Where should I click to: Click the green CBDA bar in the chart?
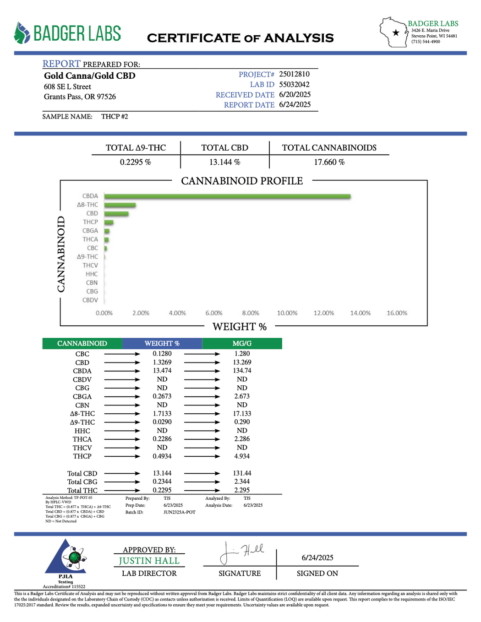coord(227,196)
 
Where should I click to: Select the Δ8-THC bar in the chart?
coord(120,205)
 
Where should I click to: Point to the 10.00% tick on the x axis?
coord(287,313)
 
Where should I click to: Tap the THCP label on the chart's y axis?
coord(90,222)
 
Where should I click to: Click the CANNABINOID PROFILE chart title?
coord(242,181)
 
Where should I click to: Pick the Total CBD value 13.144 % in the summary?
coord(224,162)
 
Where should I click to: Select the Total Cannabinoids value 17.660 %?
coord(329,162)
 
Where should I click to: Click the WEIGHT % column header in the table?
coord(162,343)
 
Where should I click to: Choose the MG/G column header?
coord(242,343)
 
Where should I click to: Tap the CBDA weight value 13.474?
coord(162,371)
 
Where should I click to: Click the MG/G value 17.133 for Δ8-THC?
coord(242,414)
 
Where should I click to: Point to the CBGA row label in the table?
coord(82,396)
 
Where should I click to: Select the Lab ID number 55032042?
coord(294,85)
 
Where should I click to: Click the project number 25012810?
coord(294,74)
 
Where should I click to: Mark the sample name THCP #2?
coord(115,117)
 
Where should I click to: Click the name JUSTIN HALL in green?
coord(149,561)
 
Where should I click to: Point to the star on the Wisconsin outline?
coord(396,32)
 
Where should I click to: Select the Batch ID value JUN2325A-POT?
coord(179,512)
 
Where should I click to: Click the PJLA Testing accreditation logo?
coord(65,561)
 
